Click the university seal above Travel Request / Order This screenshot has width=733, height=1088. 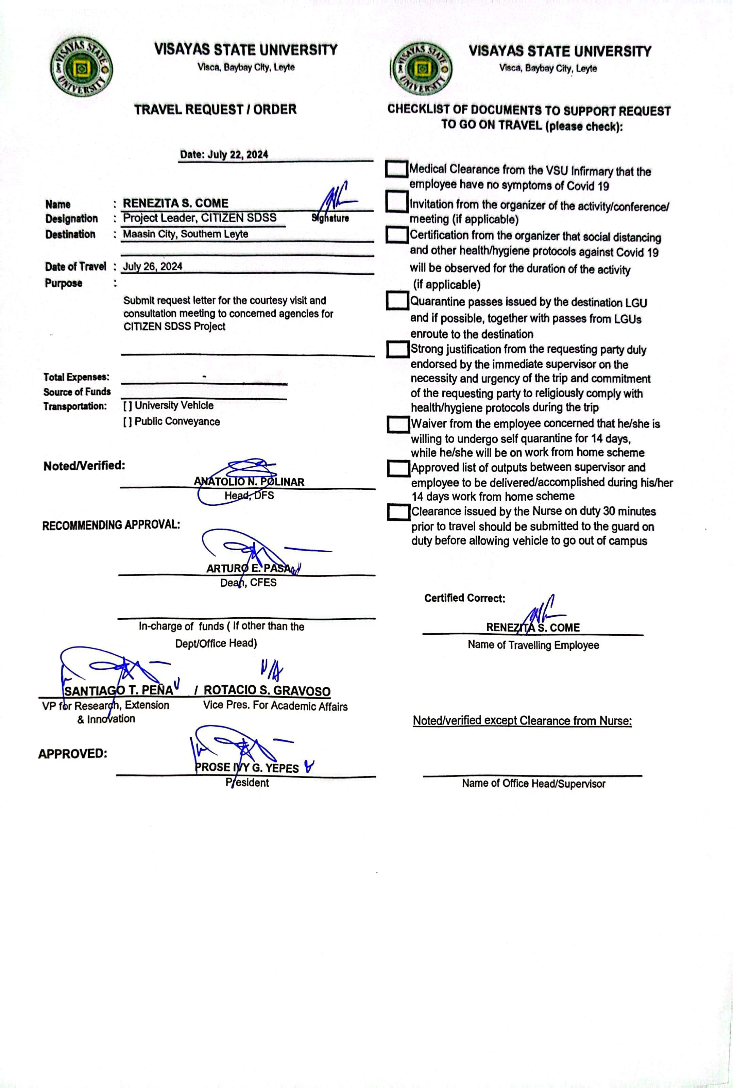tap(81, 68)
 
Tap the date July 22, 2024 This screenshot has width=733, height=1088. tap(224, 154)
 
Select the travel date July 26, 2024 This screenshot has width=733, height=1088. tap(152, 267)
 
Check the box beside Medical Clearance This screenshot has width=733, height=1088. tap(396, 169)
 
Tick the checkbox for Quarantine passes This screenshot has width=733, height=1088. tap(397, 301)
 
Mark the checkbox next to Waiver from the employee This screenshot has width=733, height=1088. tap(398, 424)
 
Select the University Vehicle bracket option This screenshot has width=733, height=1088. tap(127, 406)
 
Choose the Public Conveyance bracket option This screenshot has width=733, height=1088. tap(127, 422)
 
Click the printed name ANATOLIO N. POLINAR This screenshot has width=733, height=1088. tap(249, 482)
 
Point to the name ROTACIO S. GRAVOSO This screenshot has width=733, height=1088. tap(267, 690)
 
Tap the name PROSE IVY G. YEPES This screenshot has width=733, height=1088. tap(246, 768)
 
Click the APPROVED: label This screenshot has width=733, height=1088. tap(72, 754)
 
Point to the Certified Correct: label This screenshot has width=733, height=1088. tap(465, 598)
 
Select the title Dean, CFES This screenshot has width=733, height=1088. tap(248, 583)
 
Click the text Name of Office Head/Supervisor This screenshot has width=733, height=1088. tap(533, 784)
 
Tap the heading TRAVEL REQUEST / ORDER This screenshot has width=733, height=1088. tap(216, 110)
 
